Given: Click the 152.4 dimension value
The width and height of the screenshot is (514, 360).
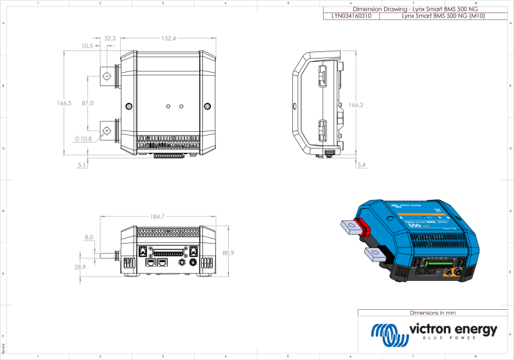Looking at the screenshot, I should point(168,39).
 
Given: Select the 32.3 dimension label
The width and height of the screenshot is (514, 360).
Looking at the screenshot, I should point(109,39).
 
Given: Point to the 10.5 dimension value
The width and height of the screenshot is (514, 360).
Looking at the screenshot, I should point(87,46).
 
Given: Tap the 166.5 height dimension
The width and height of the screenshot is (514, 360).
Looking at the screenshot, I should point(64,103).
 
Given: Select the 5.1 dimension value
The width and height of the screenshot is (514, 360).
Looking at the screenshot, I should point(82,165).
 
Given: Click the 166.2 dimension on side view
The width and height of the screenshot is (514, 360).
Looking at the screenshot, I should point(355,105).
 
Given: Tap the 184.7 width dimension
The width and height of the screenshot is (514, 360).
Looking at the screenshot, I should point(157,216).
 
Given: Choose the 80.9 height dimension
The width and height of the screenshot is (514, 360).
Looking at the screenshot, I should point(227,253).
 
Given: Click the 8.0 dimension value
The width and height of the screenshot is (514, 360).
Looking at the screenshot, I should point(88,237).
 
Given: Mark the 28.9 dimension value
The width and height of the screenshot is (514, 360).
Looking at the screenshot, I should point(80,267).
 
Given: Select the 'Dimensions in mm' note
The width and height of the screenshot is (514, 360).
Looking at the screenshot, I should point(432,313).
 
